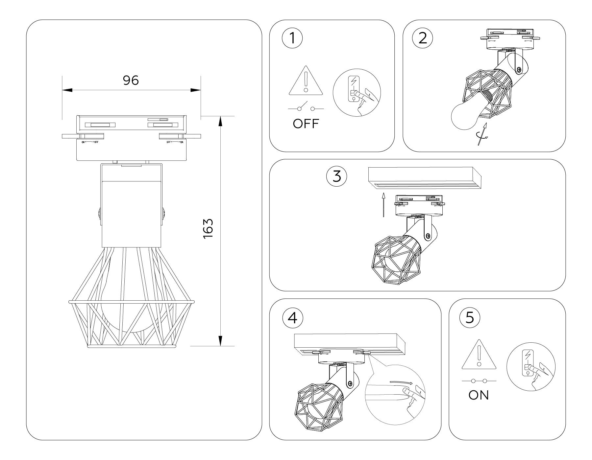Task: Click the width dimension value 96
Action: (131, 80)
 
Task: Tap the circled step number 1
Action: (292, 38)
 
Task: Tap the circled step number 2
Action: (422, 38)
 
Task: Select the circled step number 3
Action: (336, 176)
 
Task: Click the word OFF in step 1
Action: (306, 124)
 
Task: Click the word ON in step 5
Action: (479, 395)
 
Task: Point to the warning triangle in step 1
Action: (306, 82)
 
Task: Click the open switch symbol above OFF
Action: (306, 108)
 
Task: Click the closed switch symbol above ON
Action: (479, 381)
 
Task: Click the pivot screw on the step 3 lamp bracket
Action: (428, 235)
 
